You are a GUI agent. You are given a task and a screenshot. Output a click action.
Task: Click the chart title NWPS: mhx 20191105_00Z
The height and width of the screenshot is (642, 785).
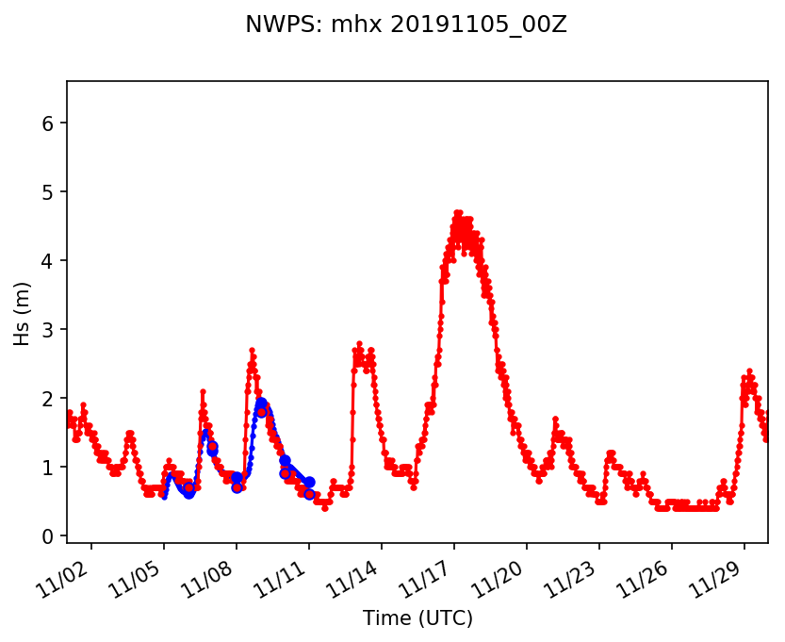click(x=405, y=25)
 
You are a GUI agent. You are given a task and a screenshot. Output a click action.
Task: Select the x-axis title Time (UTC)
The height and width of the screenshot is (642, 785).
click(x=417, y=618)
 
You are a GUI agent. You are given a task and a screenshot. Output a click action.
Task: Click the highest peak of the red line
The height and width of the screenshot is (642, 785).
click(x=458, y=213)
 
